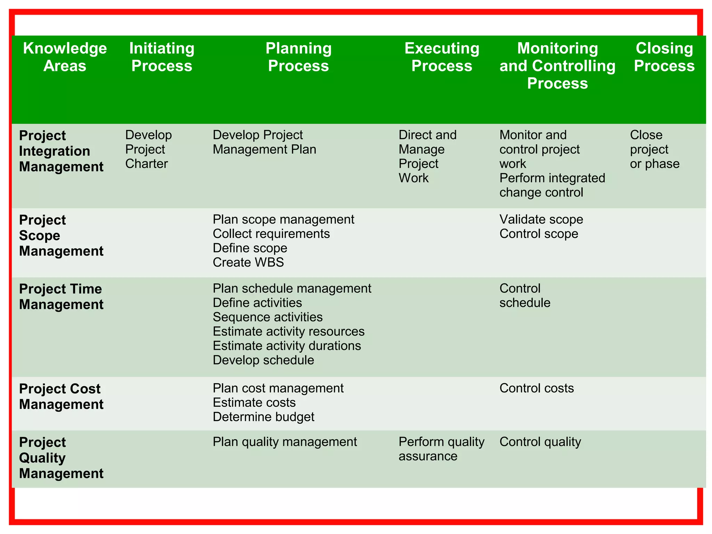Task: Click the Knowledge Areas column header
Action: [65, 57]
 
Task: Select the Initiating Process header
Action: [162, 57]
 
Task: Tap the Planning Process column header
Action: [298, 57]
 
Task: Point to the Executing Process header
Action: [442, 57]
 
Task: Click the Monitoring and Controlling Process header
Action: [557, 66]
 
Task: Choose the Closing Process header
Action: [664, 57]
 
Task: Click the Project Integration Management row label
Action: [61, 151]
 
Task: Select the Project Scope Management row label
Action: [61, 235]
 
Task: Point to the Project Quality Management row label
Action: [61, 458]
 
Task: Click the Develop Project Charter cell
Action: [148, 149]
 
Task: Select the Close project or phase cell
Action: [655, 149]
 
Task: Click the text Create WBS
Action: [248, 262]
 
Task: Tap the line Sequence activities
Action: [268, 317]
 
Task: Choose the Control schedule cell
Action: [525, 296]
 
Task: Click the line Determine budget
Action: [264, 416]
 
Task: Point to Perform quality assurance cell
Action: [441, 449]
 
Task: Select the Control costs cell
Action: [536, 388]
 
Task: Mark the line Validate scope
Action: [541, 219]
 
